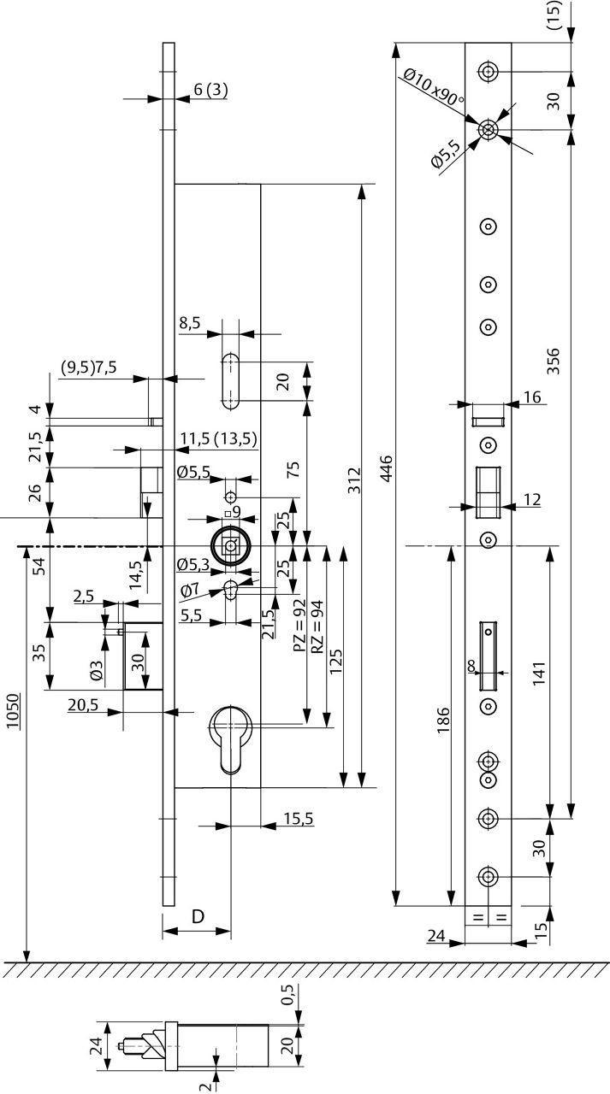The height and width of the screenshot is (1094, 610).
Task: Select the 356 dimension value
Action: tap(553, 362)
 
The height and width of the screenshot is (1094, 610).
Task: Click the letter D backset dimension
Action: tap(197, 917)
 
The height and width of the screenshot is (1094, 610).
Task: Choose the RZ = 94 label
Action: tap(317, 626)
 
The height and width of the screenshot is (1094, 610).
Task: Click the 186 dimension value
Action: tap(442, 724)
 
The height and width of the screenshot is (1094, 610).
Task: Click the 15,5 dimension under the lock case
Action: tap(298, 819)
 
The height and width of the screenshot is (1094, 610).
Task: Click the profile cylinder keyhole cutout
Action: tap(232, 735)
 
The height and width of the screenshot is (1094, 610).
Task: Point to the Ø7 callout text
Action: tap(190, 590)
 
